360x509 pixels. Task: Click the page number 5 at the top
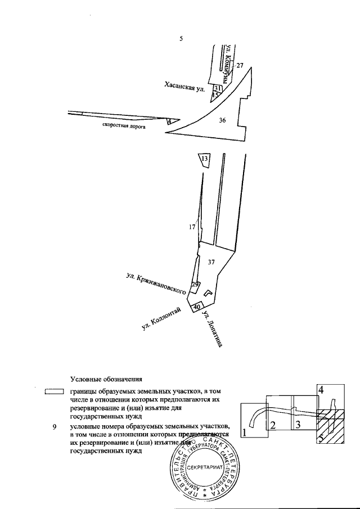tap(181, 39)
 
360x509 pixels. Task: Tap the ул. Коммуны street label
tap(228, 64)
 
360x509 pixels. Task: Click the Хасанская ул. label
tap(183, 86)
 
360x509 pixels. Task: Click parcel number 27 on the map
tap(240, 66)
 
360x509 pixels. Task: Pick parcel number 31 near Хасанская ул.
tap(218, 89)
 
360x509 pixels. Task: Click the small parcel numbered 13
tap(205, 160)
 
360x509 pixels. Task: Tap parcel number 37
tap(211, 262)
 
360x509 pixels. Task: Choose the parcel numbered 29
tap(195, 285)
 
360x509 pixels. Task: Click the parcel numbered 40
tap(196, 307)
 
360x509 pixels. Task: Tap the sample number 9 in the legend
tap(54, 427)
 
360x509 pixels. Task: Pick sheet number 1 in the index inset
tap(245, 433)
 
